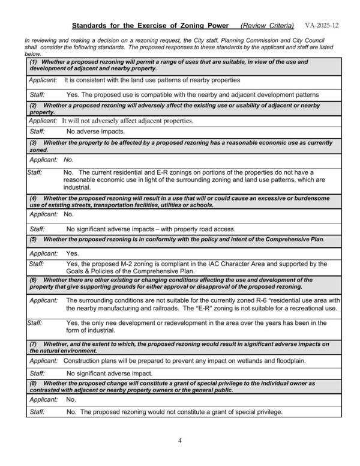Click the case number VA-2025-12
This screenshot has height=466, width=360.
[x=322, y=26]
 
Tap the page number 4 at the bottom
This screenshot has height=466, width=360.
[x=179, y=441]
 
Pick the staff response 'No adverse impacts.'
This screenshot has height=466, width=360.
[x=95, y=131]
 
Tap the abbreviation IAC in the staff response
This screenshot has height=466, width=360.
[x=215, y=264]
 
